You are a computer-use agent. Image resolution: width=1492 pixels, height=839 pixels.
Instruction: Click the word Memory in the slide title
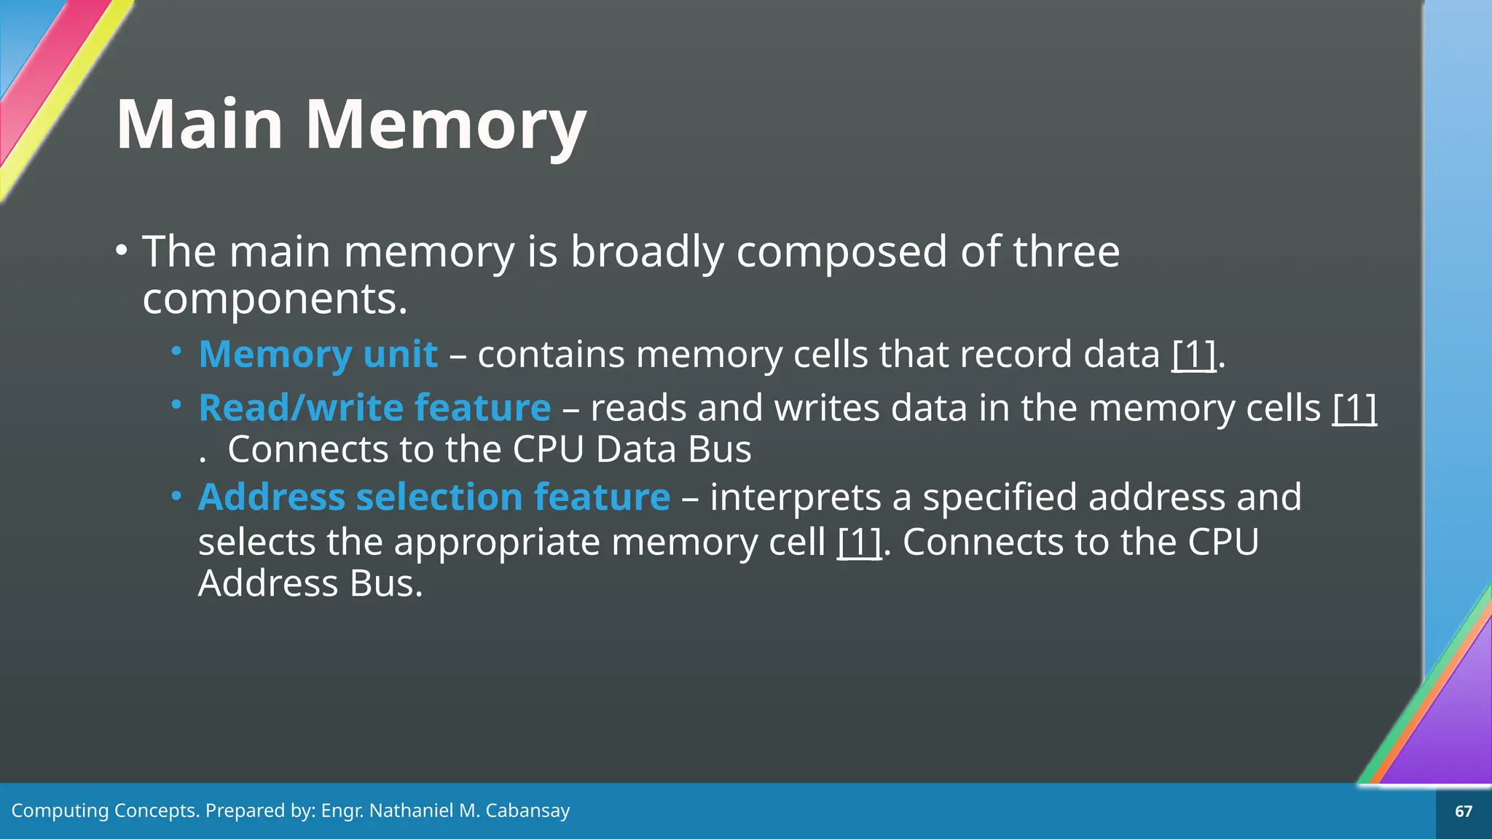click(x=446, y=125)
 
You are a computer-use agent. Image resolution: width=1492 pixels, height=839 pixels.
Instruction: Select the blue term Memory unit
click(x=318, y=355)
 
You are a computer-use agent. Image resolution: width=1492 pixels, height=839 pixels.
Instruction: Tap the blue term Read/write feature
click(x=374, y=407)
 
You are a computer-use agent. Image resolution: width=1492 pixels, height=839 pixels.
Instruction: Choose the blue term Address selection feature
click(x=434, y=497)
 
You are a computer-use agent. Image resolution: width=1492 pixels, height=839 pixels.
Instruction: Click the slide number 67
click(x=1464, y=811)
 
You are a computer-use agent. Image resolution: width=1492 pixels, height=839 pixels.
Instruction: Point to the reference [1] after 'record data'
click(x=1193, y=355)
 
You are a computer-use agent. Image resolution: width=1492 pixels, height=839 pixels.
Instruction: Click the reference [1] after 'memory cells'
click(x=1354, y=408)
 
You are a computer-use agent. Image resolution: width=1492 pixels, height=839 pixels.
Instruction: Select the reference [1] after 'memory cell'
click(x=859, y=543)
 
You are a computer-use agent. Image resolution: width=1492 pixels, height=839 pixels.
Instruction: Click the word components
click(x=275, y=299)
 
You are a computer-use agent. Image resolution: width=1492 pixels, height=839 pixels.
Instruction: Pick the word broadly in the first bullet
click(x=647, y=252)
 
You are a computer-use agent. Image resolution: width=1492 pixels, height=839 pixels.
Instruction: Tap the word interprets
click(x=796, y=497)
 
